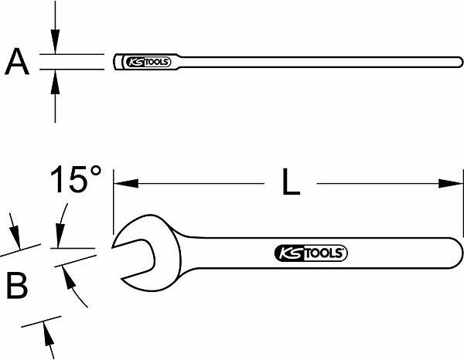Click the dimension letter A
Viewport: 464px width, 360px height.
16,62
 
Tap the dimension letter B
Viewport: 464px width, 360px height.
17,286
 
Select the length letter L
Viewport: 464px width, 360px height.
290,183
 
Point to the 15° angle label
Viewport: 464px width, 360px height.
76,182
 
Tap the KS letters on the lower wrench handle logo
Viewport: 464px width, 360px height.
286,253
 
